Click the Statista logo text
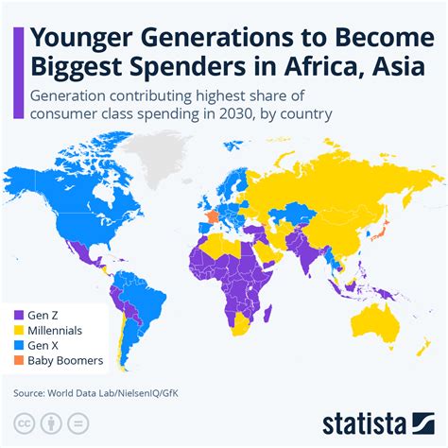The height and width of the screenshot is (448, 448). pyautogui.click(x=379, y=422)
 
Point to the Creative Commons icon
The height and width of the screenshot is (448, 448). pyautogui.click(x=23, y=422)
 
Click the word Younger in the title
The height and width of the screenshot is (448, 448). pyautogui.click(x=83, y=40)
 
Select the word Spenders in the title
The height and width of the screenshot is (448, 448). pyautogui.click(x=201, y=69)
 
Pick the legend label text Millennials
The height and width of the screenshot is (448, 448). pyautogui.click(x=55, y=331)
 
